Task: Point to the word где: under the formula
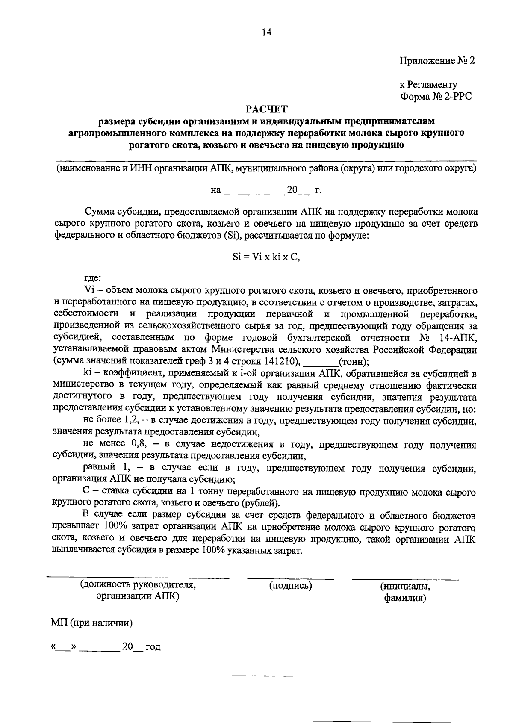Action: [x=92, y=279]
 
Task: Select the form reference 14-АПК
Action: [x=458, y=338]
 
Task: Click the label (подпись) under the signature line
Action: [x=290, y=585]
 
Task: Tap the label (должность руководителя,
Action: [x=138, y=584]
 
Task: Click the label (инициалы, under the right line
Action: [x=405, y=586]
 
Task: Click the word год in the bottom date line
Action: [x=153, y=647]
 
